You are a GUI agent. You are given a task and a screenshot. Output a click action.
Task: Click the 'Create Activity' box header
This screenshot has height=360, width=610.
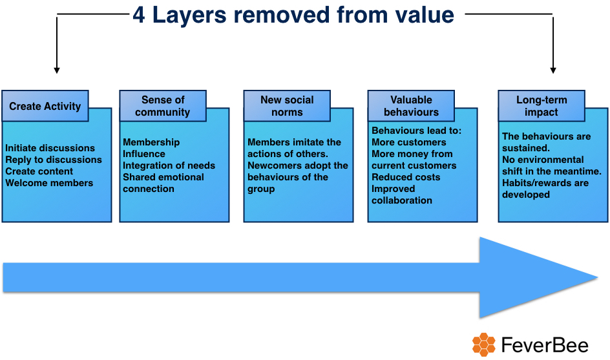coord(45,106)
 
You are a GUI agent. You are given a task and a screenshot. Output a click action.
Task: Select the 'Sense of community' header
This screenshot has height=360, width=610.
coord(163,106)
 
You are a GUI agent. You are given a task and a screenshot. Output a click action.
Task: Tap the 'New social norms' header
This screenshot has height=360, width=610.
coord(287,106)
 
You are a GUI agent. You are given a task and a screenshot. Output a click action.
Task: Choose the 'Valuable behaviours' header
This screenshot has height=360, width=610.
coord(411,106)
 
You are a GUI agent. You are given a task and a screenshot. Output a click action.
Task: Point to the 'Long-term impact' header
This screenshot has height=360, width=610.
coord(542,106)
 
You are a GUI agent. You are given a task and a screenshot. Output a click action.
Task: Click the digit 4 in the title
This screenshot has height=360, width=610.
coord(139,16)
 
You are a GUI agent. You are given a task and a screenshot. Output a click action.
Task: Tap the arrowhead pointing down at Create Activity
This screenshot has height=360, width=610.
coord(57,70)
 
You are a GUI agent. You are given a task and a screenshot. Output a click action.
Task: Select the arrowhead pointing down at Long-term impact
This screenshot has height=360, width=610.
coord(553,70)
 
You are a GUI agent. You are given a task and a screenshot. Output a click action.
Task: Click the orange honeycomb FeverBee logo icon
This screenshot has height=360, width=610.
coord(484,344)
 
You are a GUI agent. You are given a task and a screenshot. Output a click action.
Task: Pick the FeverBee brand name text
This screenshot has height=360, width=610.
coord(545,345)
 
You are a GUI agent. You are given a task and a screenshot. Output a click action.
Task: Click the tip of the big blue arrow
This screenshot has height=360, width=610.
coord(598,277)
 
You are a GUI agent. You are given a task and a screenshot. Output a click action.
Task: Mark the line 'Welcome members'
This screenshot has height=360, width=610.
coord(49,183)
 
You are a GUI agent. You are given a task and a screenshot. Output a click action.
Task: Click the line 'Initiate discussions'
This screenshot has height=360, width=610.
coord(50,148)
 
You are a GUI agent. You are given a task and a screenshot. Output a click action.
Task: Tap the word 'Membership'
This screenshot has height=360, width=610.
coord(151,142)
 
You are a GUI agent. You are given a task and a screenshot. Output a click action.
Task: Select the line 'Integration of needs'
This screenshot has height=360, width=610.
coord(169,165)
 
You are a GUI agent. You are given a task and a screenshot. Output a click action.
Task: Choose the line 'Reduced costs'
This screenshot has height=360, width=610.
coord(406,177)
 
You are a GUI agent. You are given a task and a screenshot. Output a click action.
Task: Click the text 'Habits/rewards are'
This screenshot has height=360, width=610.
coord(545,183)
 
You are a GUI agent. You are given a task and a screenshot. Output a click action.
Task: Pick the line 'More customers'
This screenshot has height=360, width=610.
coord(409,142)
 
